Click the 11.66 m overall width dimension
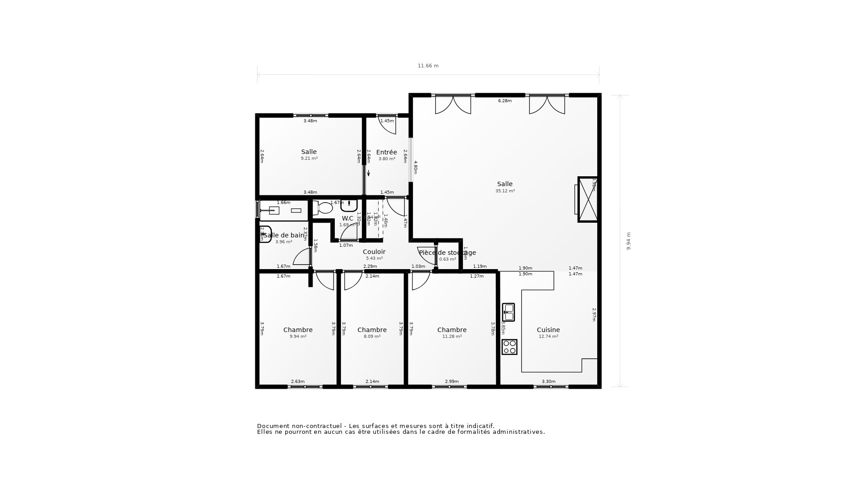428,66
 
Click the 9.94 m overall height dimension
628,241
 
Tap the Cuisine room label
548,330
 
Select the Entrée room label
386,152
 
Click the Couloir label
374,252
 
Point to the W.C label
347,218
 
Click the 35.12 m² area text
505,191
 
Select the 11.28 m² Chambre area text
452,337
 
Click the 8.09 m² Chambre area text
372,337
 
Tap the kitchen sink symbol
508,312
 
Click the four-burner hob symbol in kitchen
509,347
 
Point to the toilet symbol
323,208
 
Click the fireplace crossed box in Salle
587,199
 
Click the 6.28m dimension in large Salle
505,101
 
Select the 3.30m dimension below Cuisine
549,382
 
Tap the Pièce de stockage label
447,253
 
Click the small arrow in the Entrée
368,173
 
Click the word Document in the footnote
273,426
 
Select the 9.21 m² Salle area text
309,158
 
